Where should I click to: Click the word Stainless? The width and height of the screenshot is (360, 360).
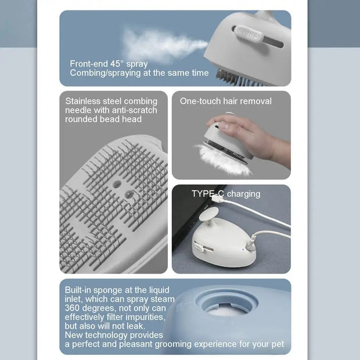[82, 101]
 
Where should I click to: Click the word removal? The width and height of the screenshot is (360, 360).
[259, 101]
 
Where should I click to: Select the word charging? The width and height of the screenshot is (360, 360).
[244, 194]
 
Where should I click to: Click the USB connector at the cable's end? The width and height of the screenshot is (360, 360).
[217, 198]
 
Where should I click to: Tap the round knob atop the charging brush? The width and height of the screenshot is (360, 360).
[208, 214]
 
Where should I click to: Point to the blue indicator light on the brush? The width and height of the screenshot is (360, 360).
[243, 249]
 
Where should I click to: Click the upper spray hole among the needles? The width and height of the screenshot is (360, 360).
[117, 183]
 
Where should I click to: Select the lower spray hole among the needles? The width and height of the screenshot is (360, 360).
[129, 195]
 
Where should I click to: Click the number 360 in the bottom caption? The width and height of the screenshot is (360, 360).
[72, 308]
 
